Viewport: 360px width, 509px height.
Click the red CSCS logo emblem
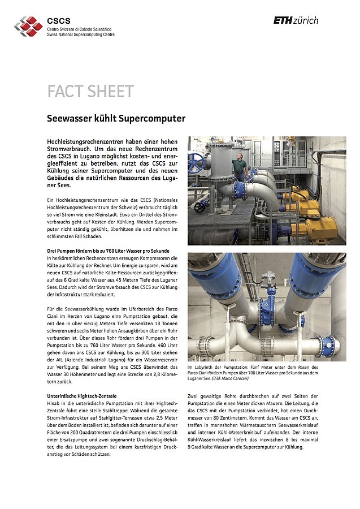tap(28, 25)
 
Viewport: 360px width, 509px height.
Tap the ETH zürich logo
tap(296, 20)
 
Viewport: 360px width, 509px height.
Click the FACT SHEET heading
tap(90, 91)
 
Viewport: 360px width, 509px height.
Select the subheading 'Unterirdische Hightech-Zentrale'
tap(81, 396)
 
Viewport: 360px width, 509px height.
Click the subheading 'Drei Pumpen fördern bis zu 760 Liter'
tap(108, 251)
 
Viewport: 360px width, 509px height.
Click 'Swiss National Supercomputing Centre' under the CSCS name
tap(80, 34)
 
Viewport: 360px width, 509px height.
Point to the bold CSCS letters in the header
tap(59, 20)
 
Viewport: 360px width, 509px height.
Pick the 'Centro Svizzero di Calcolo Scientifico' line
tap(79, 28)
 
